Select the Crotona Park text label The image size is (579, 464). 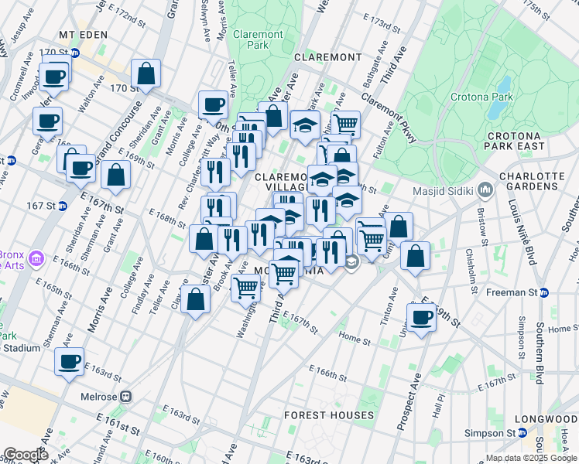(x=482, y=97)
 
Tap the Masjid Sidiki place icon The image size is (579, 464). (x=485, y=189)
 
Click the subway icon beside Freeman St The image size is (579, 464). (x=543, y=292)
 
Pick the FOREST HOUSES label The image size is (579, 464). (x=329, y=415)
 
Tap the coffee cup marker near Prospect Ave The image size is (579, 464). (x=422, y=317)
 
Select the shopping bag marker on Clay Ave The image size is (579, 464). (x=197, y=299)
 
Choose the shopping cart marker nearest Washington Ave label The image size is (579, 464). (x=246, y=287)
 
